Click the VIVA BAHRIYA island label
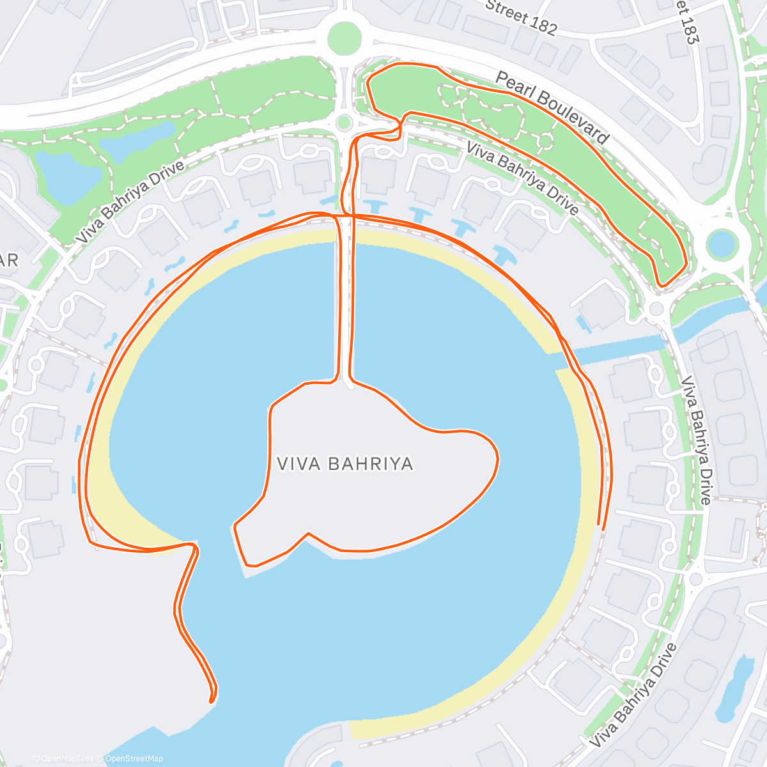tap(345, 463)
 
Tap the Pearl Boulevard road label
tap(552, 107)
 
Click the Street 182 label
tap(521, 17)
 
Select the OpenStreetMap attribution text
tap(134, 759)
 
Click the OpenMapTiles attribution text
tap(66, 759)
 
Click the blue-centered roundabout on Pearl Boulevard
tap(722, 244)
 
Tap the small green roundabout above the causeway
tap(344, 121)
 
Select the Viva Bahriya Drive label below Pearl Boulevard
tap(522, 178)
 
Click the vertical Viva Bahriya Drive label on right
tap(695, 441)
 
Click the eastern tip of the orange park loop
tap(686, 262)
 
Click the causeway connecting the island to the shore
tap(344, 300)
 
